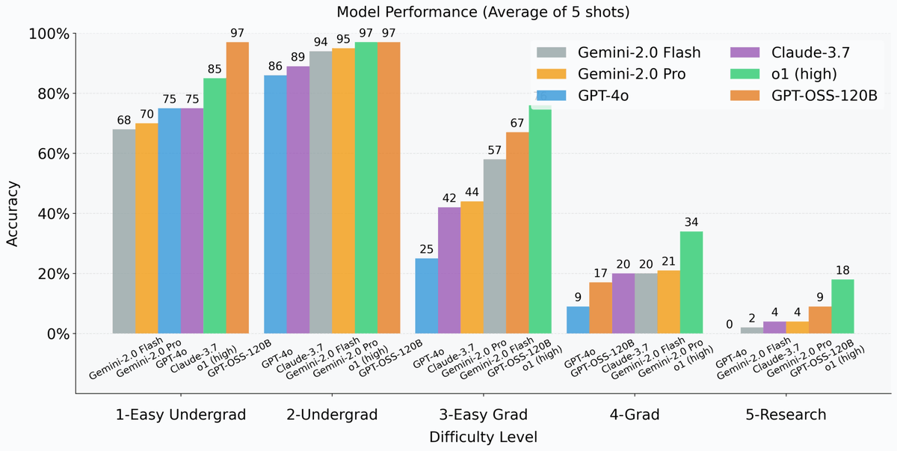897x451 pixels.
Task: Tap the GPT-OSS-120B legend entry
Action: tap(792, 96)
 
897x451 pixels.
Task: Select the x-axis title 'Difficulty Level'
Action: tap(483, 435)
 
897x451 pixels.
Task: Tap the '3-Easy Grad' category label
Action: tap(483, 414)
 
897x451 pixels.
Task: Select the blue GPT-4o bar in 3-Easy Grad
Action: tap(426, 295)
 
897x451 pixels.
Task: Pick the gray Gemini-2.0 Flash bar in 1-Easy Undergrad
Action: tap(124, 232)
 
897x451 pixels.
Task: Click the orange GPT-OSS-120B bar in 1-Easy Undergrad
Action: tap(238, 188)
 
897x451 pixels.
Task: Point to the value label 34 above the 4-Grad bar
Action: tap(691, 223)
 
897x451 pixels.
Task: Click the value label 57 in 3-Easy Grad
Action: tap(494, 150)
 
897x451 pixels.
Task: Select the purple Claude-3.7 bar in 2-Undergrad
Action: tap(298, 200)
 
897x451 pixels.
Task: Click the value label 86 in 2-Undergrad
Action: tap(275, 67)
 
